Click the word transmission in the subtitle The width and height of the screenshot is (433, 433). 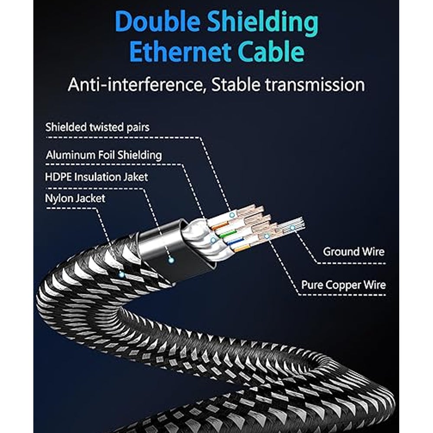(x=315, y=84)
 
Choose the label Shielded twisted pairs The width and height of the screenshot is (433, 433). (x=97, y=127)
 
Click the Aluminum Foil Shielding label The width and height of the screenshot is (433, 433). (x=103, y=155)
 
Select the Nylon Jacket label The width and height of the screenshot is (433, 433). (x=75, y=198)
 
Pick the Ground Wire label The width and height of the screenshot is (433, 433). (x=353, y=252)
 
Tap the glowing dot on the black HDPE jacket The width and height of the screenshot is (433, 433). (x=171, y=260)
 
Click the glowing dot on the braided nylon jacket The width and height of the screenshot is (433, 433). (x=121, y=274)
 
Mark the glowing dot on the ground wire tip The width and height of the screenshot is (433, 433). (x=293, y=227)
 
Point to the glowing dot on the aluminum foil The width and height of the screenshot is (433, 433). (x=213, y=239)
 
